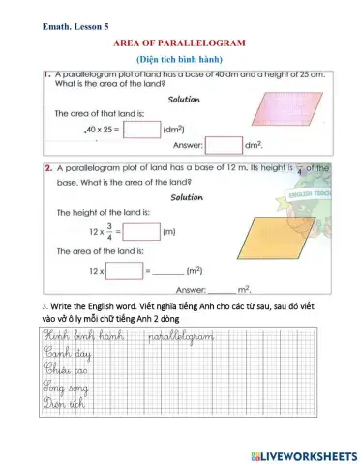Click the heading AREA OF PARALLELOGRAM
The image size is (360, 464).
(180, 43)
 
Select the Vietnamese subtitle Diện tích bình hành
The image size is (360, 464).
(180, 59)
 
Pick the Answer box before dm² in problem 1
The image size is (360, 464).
(224, 145)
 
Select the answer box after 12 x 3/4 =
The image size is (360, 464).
(141, 232)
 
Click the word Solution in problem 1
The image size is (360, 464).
(184, 99)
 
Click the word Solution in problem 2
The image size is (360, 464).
(187, 197)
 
